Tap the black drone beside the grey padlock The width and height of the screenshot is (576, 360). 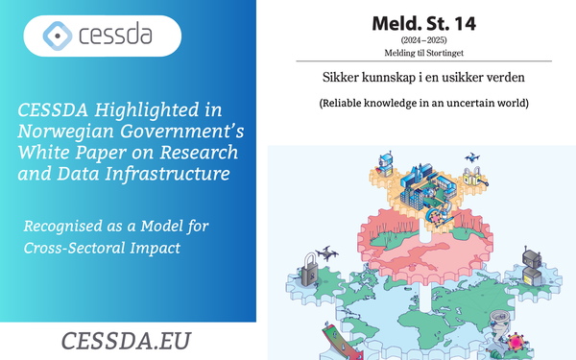[327, 253]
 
